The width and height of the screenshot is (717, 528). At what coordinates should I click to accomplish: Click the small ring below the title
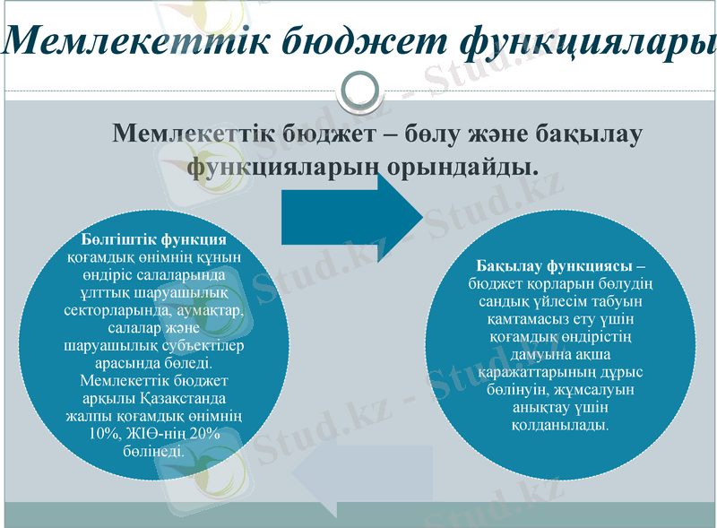point(358,90)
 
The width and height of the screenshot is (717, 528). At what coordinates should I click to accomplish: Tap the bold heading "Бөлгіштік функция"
point(153,240)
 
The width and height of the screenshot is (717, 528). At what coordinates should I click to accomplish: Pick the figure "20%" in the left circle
point(203,433)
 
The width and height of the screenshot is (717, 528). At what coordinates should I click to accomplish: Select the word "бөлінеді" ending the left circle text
point(153,450)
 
